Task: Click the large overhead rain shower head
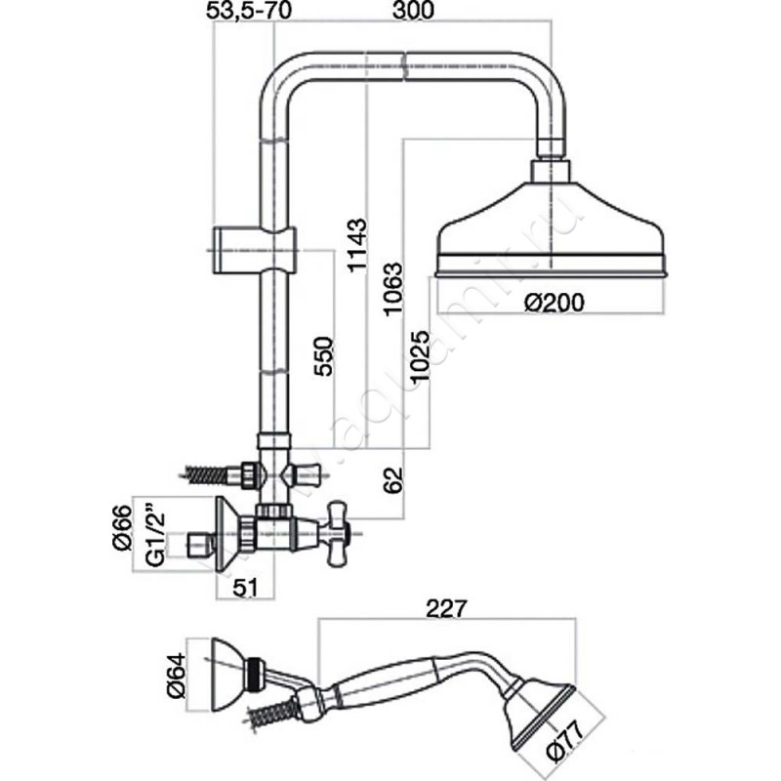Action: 553,234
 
